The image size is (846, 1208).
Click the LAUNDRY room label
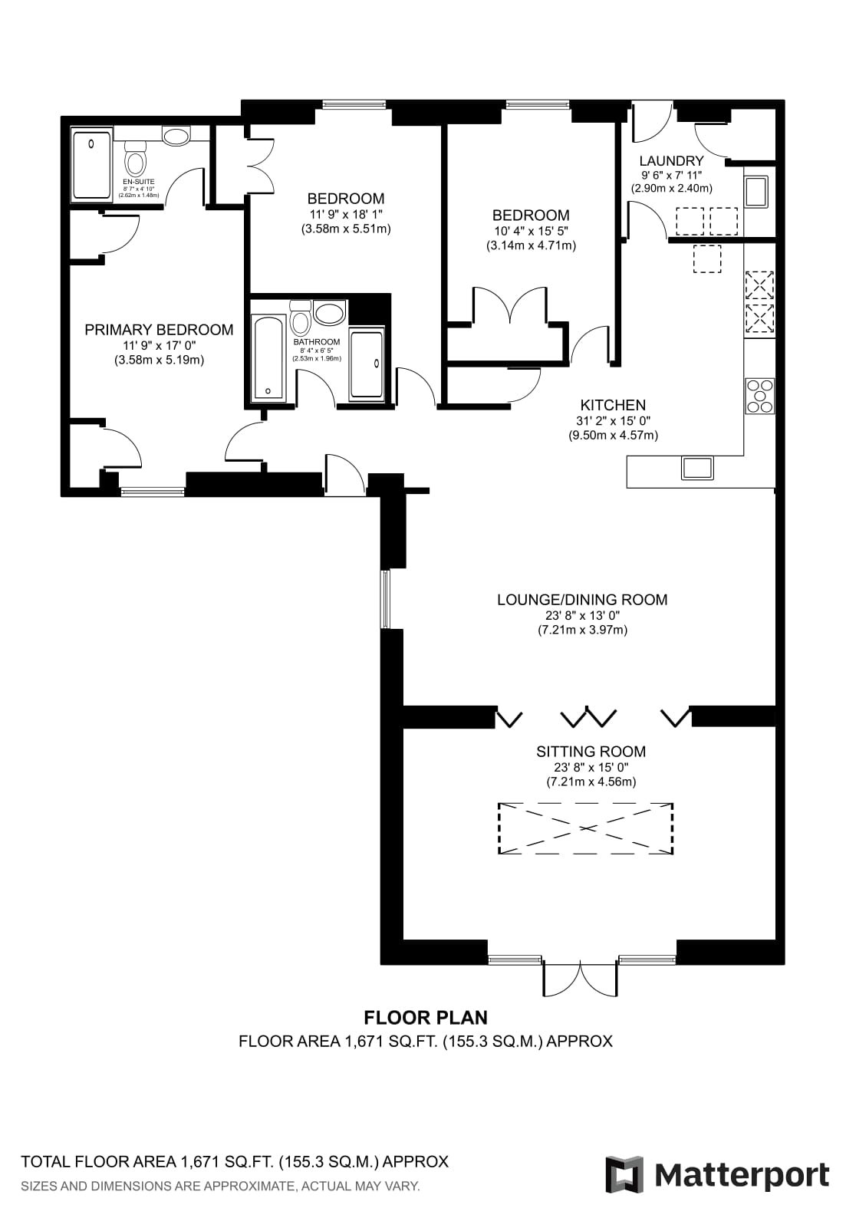tap(671, 161)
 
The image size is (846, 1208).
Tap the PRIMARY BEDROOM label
tap(159, 330)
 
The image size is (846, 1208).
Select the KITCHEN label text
tap(613, 405)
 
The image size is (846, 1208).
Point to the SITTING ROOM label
tap(591, 751)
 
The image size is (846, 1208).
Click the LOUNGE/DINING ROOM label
tap(582, 600)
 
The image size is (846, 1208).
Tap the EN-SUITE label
tap(139, 183)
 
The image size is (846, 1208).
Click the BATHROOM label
tap(317, 342)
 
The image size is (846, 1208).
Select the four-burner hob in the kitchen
tap(760, 396)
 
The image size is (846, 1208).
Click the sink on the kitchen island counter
tap(696, 468)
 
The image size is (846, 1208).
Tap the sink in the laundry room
tap(757, 191)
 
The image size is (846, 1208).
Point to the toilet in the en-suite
tap(134, 157)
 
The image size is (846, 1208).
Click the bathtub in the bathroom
tap(268, 359)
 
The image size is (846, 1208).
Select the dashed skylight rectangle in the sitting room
tap(585, 828)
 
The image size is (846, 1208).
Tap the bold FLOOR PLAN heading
tap(426, 1018)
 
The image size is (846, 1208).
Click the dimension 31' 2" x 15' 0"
tap(613, 420)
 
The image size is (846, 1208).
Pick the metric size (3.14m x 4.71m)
tap(531, 246)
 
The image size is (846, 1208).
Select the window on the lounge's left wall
tap(385, 598)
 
